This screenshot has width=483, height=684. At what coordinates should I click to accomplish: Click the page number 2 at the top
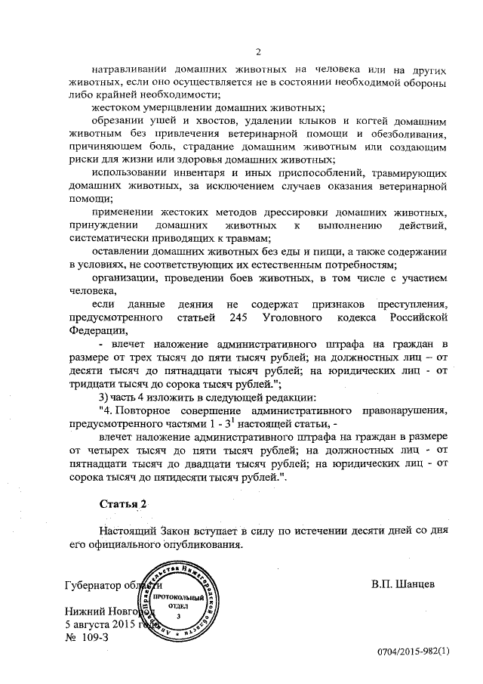[258, 52]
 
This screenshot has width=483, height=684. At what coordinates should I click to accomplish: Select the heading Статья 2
[103, 503]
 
